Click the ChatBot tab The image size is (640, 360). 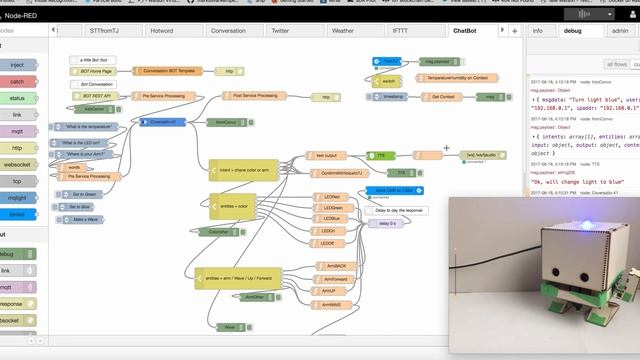tap(465, 31)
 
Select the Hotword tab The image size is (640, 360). tap(160, 31)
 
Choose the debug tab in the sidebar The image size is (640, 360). tap(572, 31)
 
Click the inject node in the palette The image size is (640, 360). tap(19, 65)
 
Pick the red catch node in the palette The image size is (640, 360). tap(19, 81)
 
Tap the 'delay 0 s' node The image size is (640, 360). tap(386, 223)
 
